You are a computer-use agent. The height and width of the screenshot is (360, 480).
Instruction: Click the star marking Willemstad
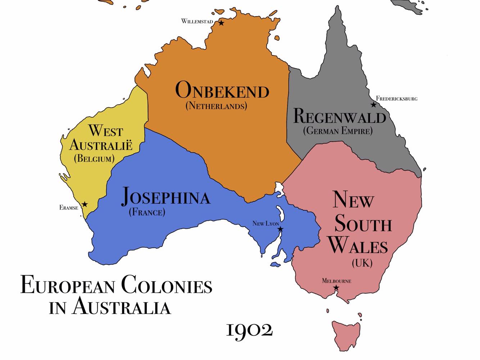[221, 23]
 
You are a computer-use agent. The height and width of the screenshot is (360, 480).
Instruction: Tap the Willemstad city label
[197, 21]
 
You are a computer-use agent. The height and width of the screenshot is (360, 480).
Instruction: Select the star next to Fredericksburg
[373, 105]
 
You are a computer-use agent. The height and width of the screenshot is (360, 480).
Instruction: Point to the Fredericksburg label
[397, 98]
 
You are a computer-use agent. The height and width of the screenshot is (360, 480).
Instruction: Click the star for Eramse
[85, 204]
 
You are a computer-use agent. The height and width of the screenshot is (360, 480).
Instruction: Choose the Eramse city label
[69, 208]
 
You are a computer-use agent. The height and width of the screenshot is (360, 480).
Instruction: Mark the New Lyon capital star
[280, 229]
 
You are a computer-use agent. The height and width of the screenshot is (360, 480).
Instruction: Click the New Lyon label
[266, 224]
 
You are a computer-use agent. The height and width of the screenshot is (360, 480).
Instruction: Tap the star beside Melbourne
[336, 287]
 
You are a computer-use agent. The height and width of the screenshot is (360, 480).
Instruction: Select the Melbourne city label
[336, 281]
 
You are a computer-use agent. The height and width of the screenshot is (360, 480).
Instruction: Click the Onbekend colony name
[222, 90]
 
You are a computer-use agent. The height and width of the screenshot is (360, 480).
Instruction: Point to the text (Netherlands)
[216, 106]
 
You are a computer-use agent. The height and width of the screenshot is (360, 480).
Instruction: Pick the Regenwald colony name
[339, 117]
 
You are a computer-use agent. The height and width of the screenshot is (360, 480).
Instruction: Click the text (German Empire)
[338, 130]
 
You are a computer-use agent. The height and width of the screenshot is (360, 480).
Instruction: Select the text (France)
[147, 212]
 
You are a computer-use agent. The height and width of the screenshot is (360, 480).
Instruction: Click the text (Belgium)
[94, 158]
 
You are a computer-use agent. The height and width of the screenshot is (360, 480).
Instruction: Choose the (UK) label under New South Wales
[362, 263]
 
